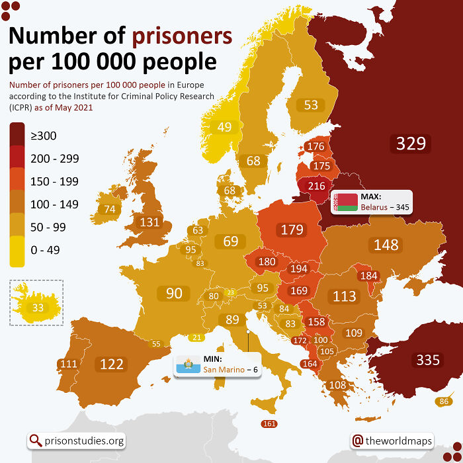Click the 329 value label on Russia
click(410, 143)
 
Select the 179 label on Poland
click(292, 230)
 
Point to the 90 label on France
click(174, 293)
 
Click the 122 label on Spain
click(111, 364)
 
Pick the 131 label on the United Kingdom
click(149, 222)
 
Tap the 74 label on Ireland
click(110, 209)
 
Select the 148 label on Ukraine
click(386, 245)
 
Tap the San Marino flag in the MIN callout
click(188, 364)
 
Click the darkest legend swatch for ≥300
click(17, 136)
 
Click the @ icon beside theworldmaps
click(358, 441)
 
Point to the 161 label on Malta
click(269, 423)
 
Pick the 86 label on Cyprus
click(444, 401)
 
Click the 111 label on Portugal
click(67, 364)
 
